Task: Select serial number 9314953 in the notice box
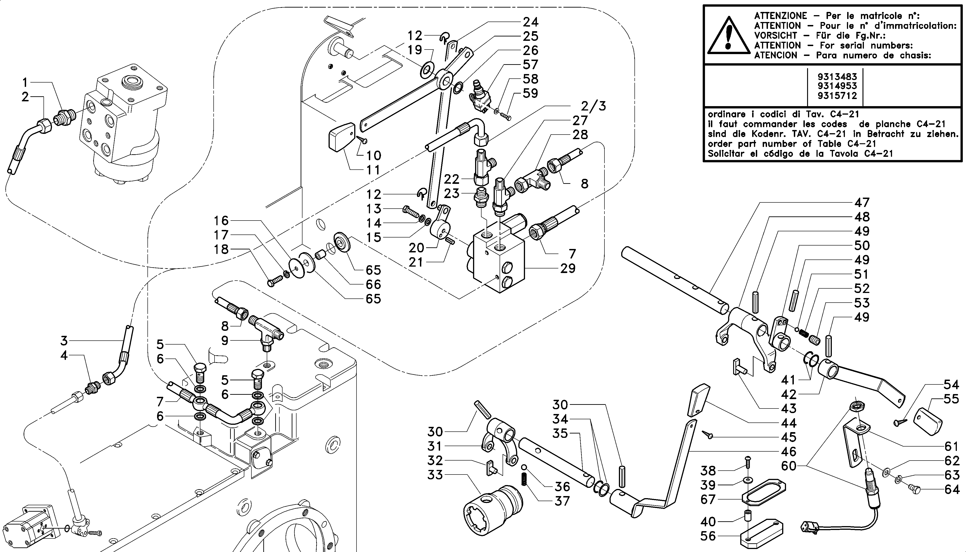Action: (x=837, y=86)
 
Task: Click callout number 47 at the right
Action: (x=862, y=202)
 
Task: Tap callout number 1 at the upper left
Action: (x=25, y=82)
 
